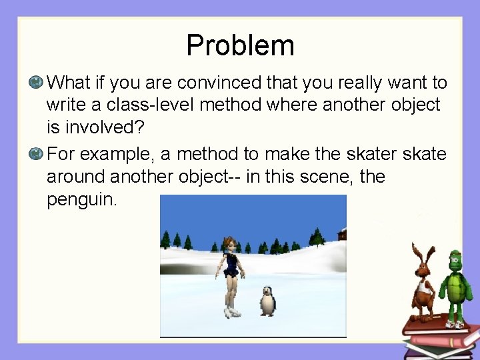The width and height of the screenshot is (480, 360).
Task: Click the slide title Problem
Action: coord(240,45)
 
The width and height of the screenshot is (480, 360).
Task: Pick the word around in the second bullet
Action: coord(75,177)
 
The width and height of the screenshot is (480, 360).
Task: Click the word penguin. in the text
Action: coord(81,199)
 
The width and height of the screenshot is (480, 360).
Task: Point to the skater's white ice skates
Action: coord(232,311)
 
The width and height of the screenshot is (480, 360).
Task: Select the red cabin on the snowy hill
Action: coord(341,233)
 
